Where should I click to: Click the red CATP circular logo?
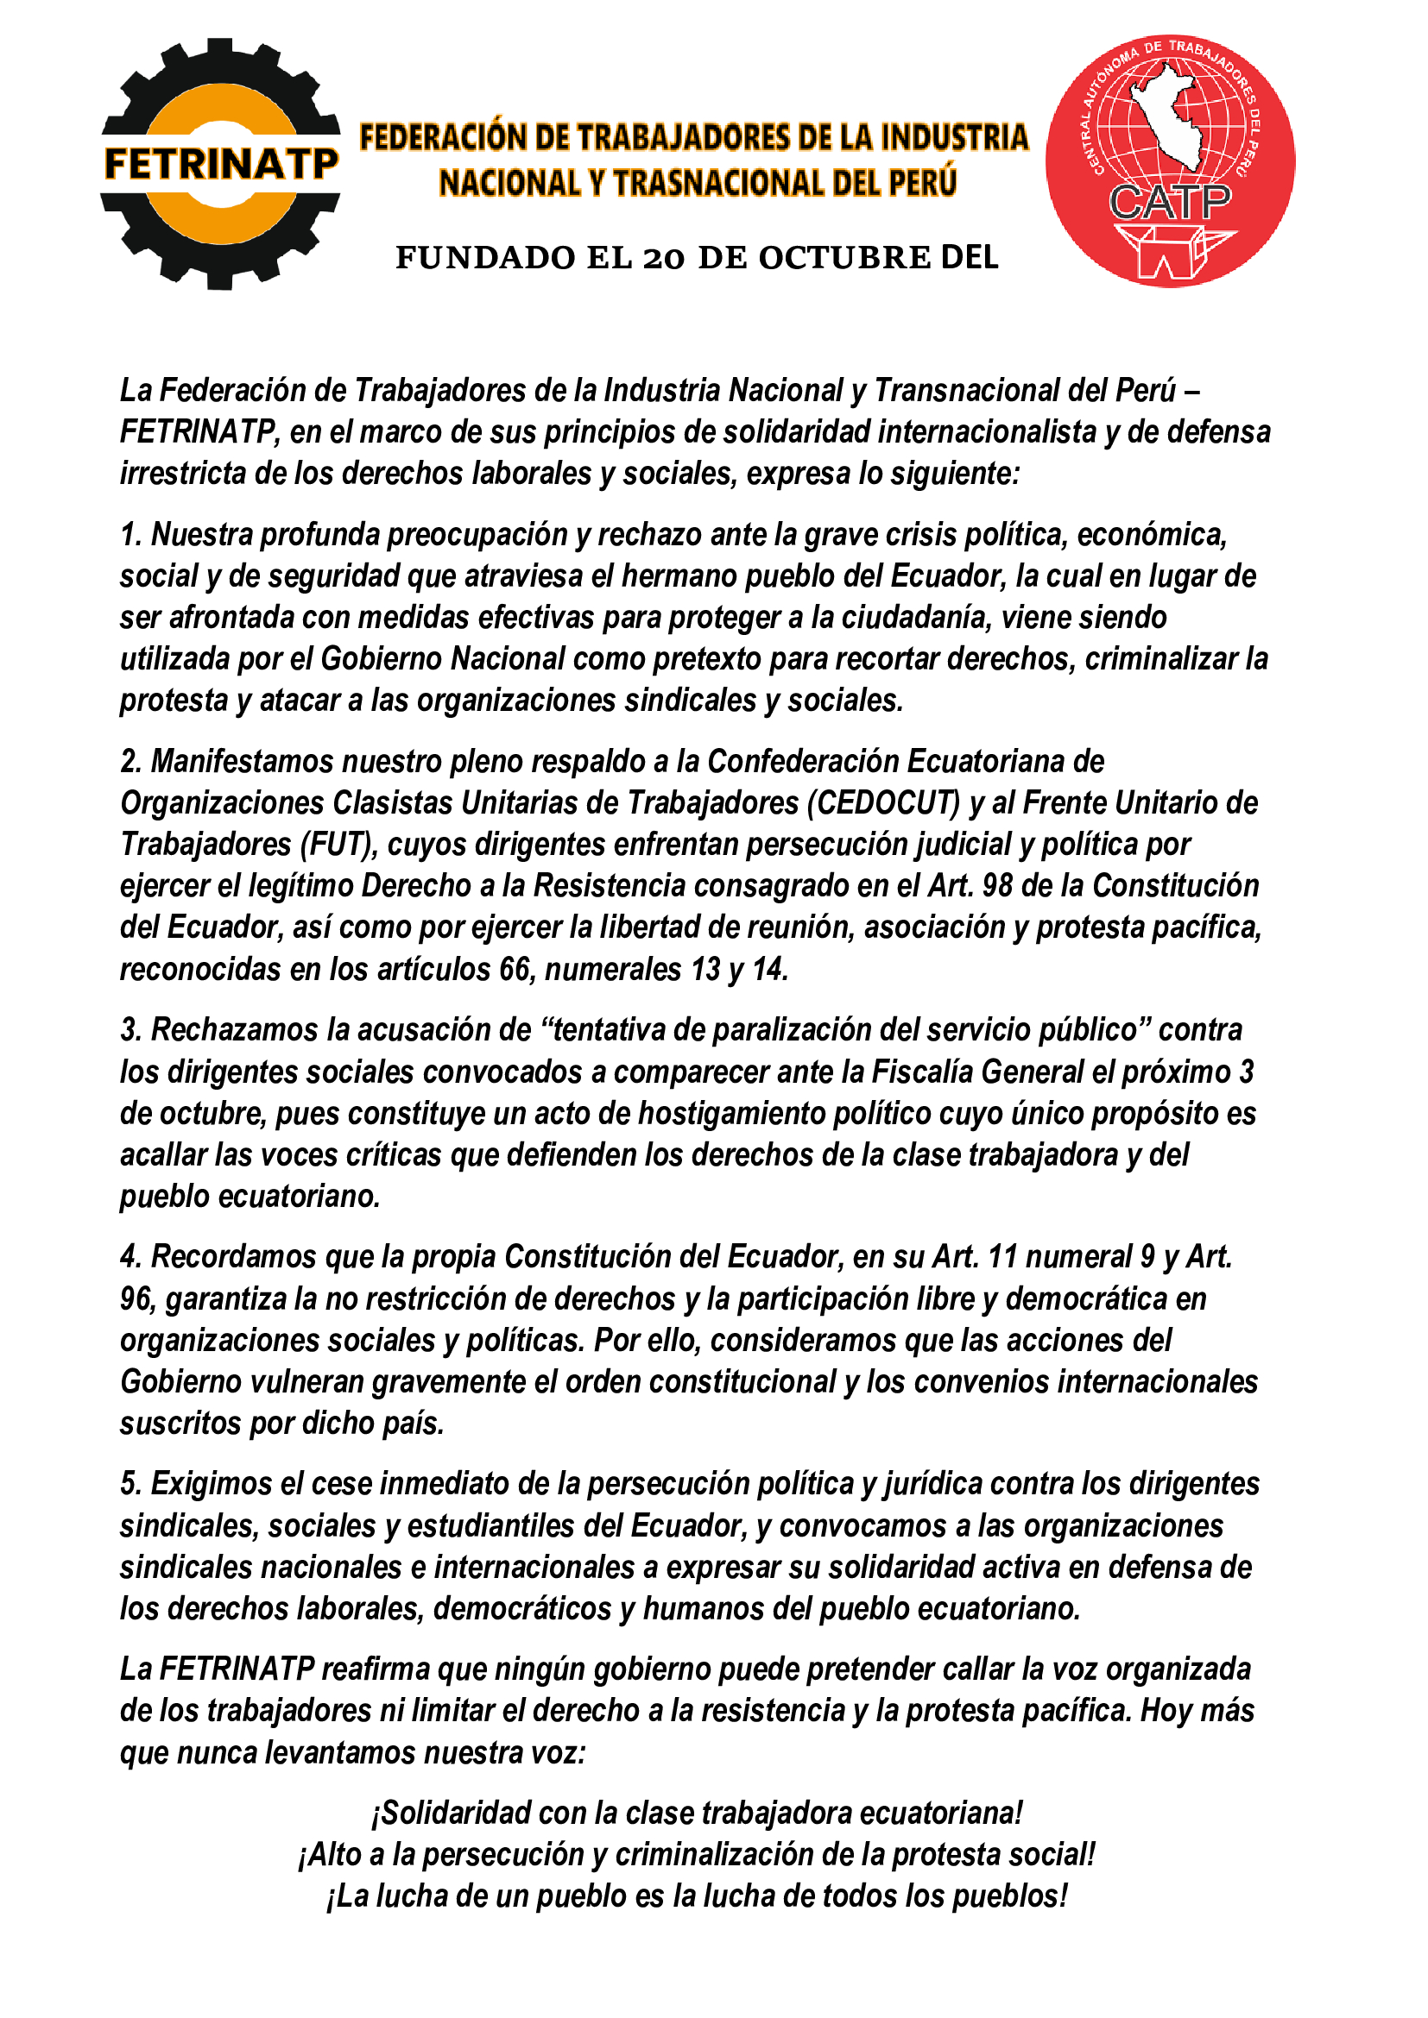click(x=1170, y=162)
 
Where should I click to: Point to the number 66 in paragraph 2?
click(x=517, y=970)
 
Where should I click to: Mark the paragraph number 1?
click(x=130, y=534)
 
